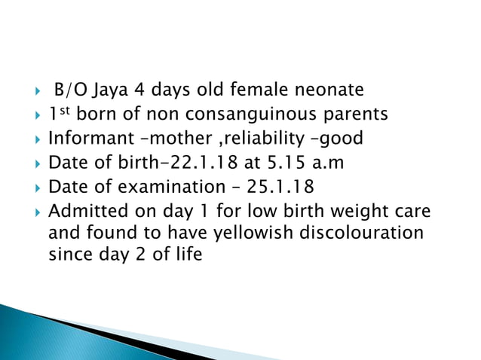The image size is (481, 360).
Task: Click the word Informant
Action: [x=82, y=139]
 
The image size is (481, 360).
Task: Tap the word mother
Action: [x=166, y=139]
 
